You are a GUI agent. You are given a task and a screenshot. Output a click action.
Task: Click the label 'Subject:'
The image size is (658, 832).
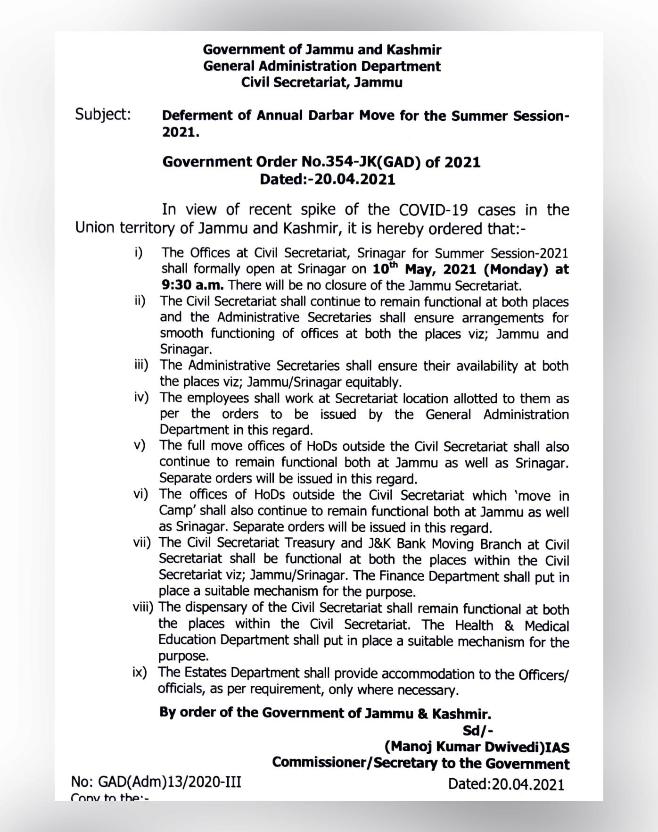(x=103, y=114)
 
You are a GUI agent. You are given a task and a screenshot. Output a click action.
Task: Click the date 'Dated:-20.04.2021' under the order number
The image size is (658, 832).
(x=328, y=180)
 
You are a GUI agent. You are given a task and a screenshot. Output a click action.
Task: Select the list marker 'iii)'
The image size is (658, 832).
(x=140, y=366)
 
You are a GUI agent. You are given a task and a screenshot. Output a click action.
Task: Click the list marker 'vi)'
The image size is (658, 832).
(x=140, y=495)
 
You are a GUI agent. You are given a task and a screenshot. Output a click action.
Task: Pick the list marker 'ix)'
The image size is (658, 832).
(x=140, y=673)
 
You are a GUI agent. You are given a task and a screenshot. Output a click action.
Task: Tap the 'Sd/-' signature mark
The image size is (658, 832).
(x=477, y=731)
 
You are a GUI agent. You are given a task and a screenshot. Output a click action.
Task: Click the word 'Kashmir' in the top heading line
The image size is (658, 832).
(x=413, y=50)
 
